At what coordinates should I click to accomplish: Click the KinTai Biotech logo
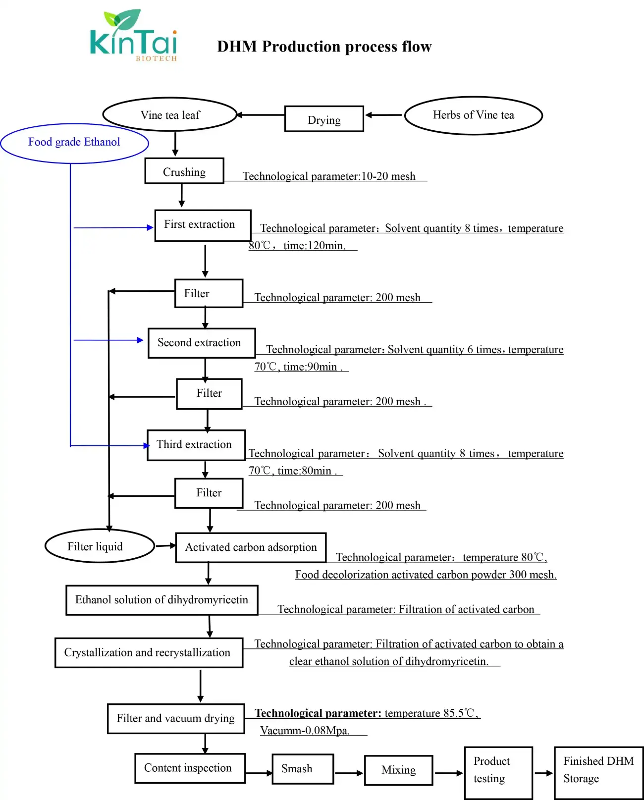pyautogui.click(x=133, y=36)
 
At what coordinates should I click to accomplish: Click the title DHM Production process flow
pyautogui.click(x=324, y=47)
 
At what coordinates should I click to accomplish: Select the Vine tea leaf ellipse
pyautogui.click(x=170, y=115)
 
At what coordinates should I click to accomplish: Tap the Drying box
pyautogui.click(x=324, y=119)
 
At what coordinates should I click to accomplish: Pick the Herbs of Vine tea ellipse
pyautogui.click(x=474, y=115)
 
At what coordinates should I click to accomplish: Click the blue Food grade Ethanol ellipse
pyautogui.click(x=74, y=143)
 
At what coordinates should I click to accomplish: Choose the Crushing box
pyautogui.click(x=184, y=171)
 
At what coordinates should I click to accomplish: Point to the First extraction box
pyautogui.click(x=203, y=225)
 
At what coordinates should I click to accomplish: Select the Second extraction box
pyautogui.click(x=202, y=343)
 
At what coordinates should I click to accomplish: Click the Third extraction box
pyautogui.click(x=196, y=445)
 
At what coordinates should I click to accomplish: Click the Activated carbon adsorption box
pyautogui.click(x=251, y=547)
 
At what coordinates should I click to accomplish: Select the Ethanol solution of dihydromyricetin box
pyautogui.click(x=162, y=600)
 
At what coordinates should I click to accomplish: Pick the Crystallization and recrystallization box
pyautogui.click(x=149, y=653)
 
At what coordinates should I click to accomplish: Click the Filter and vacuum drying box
pyautogui.click(x=176, y=718)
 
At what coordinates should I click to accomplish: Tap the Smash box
pyautogui.click(x=303, y=769)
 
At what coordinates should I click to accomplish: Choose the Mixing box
pyautogui.click(x=398, y=770)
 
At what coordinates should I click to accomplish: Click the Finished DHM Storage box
pyautogui.click(x=598, y=772)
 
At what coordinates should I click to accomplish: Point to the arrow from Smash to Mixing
pyautogui.click(x=349, y=773)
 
